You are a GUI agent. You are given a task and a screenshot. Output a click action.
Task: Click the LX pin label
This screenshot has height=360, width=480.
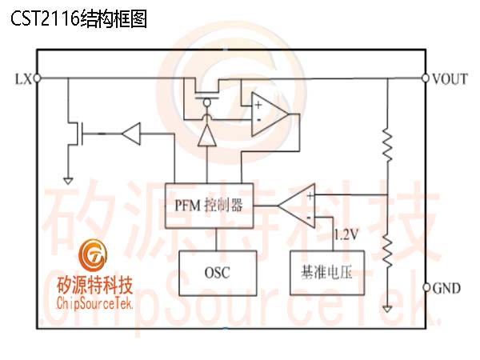pos(23,79)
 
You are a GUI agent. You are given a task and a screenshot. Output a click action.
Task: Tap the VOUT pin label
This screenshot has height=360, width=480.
pos(450,79)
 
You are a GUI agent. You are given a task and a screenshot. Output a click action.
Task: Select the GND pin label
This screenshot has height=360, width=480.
pos(446,288)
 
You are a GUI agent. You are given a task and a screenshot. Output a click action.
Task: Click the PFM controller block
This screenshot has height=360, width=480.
pos(209,206)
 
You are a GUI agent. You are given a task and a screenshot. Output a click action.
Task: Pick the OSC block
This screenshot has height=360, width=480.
pos(218,273)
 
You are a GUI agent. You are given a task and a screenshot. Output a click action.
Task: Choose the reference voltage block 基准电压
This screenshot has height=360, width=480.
pos(327,273)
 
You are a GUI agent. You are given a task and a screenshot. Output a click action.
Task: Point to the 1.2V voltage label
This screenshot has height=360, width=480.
pos(346,234)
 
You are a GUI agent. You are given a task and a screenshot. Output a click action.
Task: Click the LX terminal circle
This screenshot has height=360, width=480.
pos(37,78)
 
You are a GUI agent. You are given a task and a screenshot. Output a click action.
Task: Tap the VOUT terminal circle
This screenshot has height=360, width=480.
pos(425,78)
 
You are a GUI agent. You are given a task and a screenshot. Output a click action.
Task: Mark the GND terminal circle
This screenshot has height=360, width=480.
pos(426,288)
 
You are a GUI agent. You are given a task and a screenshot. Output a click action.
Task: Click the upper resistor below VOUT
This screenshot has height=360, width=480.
pos(387,145)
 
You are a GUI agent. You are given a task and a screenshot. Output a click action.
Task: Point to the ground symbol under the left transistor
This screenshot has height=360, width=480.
pos(68,181)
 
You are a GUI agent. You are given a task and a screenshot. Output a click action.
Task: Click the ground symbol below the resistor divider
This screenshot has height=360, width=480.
pos(387,309)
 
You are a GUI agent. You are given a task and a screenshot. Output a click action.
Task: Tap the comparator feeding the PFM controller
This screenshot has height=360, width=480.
pos(296,206)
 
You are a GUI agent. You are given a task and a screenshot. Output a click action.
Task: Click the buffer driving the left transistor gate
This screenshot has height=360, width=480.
pos(131,134)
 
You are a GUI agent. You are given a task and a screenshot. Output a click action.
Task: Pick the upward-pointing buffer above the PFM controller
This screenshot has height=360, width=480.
pos(207,135)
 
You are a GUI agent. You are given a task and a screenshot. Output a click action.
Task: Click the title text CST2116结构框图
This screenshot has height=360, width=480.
pos(78,18)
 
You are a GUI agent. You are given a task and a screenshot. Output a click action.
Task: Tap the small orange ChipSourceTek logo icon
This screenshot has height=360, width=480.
pos(93,256)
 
